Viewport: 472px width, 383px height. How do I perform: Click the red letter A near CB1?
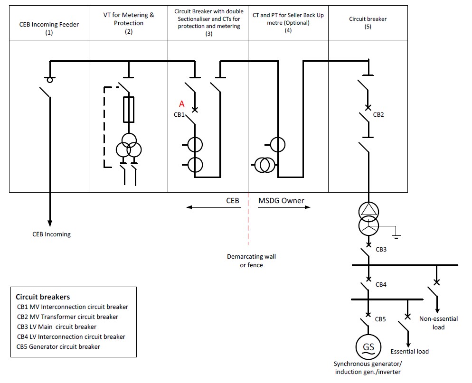(181, 104)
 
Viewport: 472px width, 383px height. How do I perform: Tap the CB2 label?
(378, 114)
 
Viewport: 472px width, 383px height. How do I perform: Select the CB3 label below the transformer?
(381, 249)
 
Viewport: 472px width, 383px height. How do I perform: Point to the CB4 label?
(381, 285)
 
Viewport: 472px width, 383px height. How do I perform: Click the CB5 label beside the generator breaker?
(380, 319)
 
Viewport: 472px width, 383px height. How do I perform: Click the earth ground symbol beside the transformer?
(396, 234)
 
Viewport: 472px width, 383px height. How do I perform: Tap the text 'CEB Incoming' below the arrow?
(51, 234)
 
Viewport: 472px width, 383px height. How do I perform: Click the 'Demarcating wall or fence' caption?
(251, 261)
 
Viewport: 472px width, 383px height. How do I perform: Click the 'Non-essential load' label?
(438, 323)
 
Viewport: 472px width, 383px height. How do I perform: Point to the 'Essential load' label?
(409, 351)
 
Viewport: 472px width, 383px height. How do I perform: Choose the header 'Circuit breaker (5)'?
(368, 23)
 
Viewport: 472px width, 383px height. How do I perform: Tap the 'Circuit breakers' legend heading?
(43, 297)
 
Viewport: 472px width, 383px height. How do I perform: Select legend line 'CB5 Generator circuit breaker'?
(58, 346)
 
